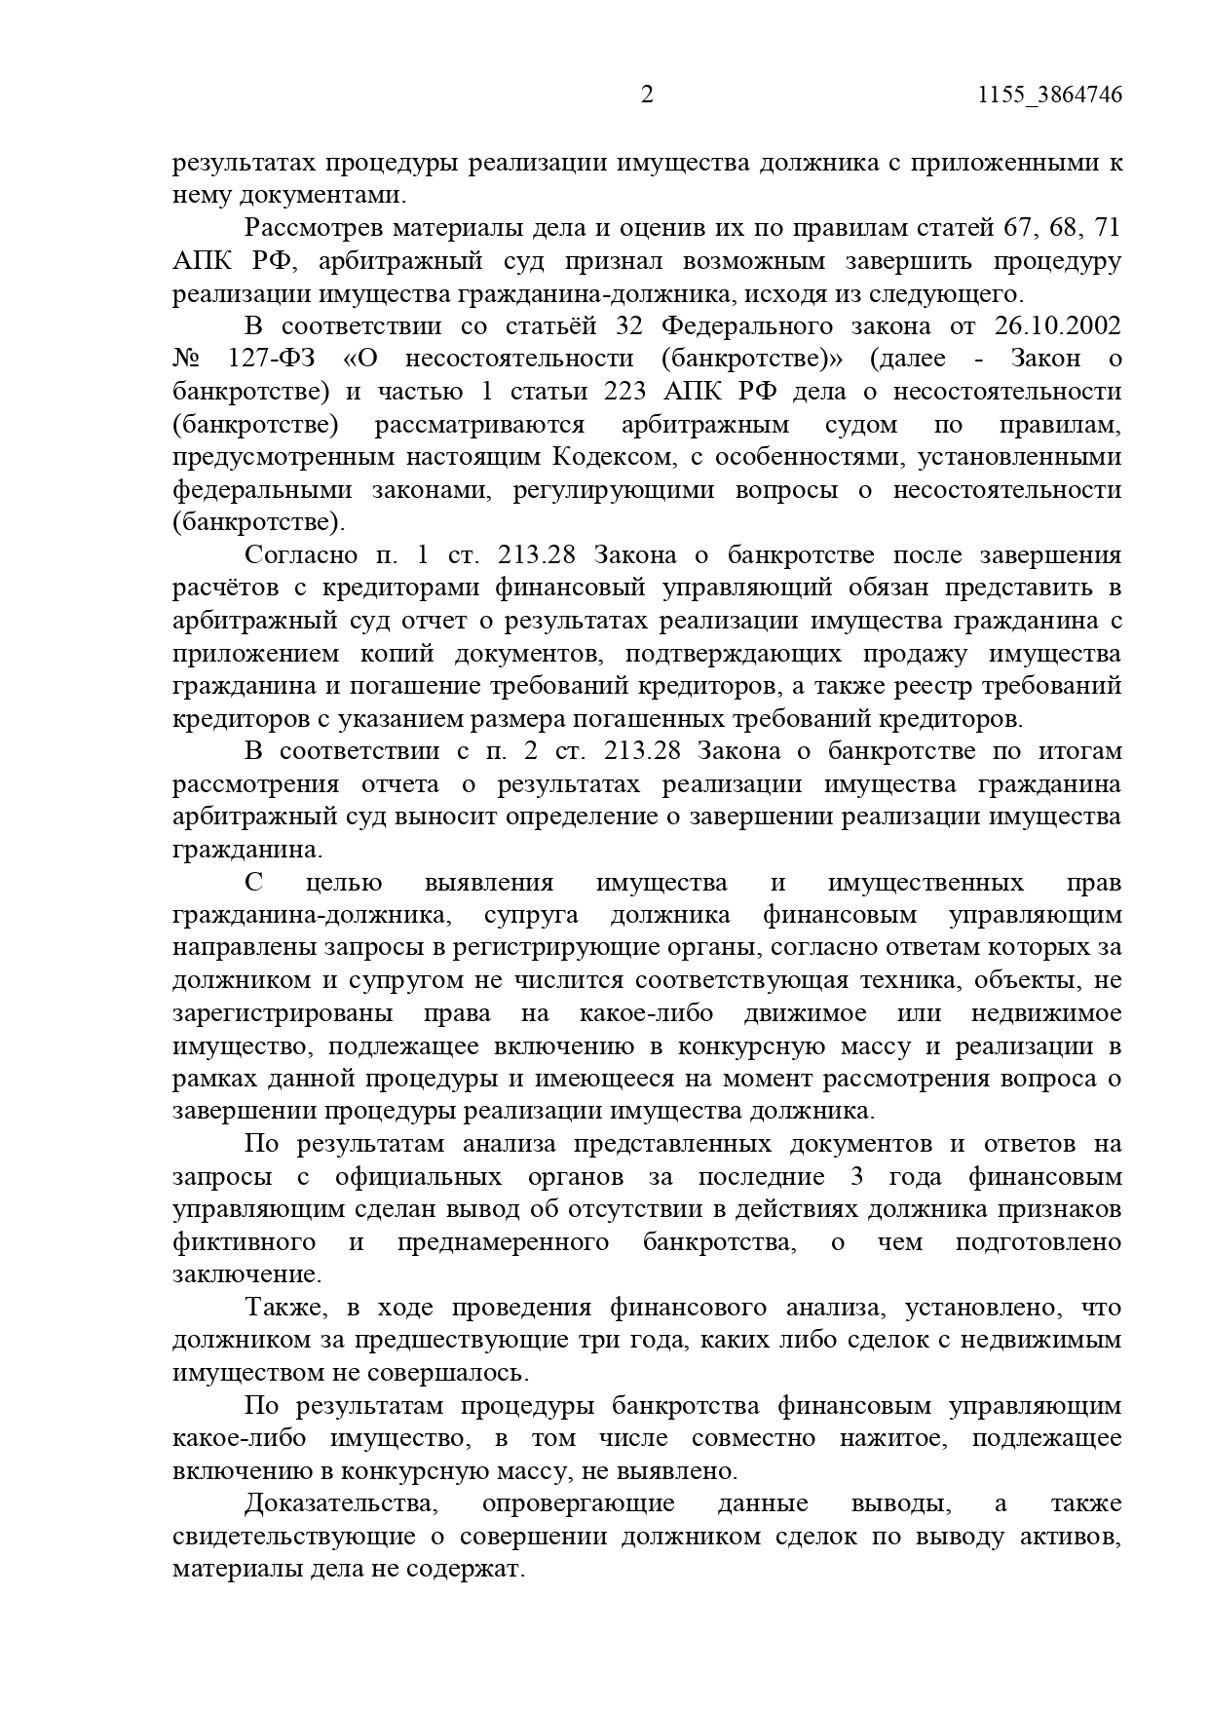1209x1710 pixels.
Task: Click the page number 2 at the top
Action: pyautogui.click(x=647, y=95)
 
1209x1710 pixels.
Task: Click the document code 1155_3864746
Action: pyautogui.click(x=1048, y=95)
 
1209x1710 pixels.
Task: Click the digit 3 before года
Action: pyautogui.click(x=856, y=1176)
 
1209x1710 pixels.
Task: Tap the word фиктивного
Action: pyautogui.click(x=245, y=1241)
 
